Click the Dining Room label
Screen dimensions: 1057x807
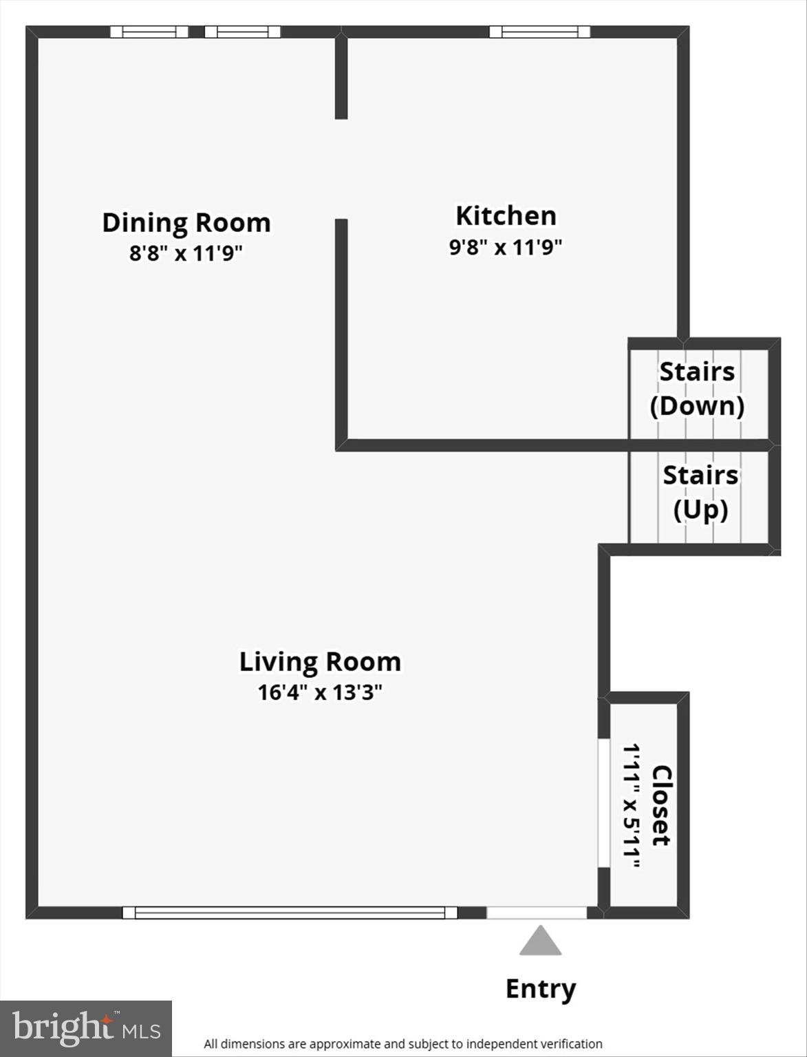point(186,223)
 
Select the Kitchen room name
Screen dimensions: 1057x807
point(506,216)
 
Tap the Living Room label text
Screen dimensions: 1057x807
point(320,662)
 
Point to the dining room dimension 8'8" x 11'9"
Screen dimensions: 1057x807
point(186,253)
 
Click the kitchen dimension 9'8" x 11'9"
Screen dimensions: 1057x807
point(506,246)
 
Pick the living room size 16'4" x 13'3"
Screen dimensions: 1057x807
point(320,692)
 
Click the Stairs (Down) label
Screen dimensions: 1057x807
point(698,389)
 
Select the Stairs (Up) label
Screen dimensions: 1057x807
point(700,493)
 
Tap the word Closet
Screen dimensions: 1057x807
point(661,805)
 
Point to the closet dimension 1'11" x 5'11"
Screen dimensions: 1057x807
point(632,805)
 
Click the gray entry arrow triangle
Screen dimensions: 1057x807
point(540,941)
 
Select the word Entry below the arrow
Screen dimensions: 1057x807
point(540,989)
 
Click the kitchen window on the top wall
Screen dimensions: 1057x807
point(539,32)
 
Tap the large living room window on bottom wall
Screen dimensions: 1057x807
point(290,912)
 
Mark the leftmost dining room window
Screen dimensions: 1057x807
point(149,32)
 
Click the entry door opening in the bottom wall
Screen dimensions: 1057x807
point(537,912)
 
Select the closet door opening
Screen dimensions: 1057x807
point(603,803)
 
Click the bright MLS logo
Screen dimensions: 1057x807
point(86,1028)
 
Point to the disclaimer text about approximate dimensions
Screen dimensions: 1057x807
point(402,1044)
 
